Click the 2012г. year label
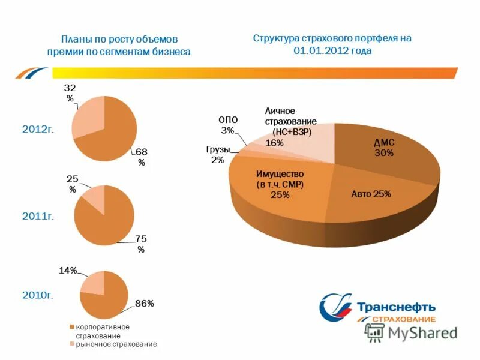(x=38, y=130)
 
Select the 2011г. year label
(x=38, y=215)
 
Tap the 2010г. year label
(x=38, y=295)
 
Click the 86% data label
(x=145, y=304)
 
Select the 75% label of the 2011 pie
(x=141, y=244)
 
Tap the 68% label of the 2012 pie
(x=142, y=157)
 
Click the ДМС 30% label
(x=384, y=148)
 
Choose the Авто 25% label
(x=371, y=194)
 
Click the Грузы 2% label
(x=217, y=154)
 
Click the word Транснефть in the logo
(x=397, y=308)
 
